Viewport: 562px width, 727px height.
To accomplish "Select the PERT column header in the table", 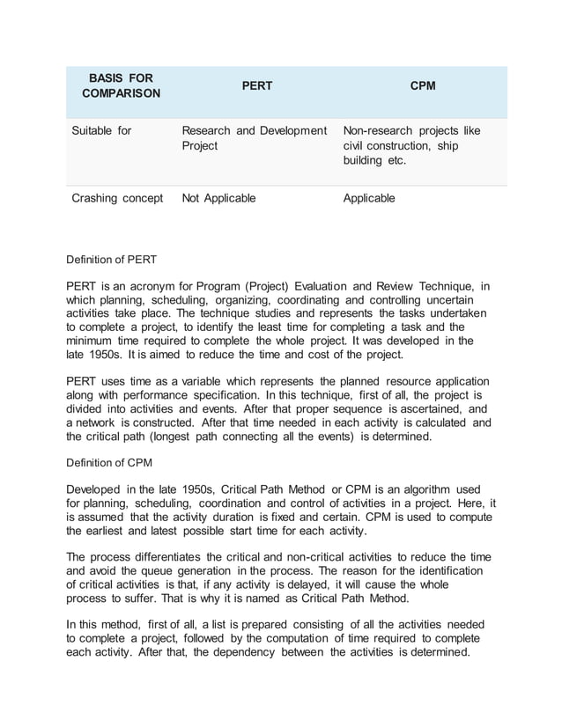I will pos(257,86).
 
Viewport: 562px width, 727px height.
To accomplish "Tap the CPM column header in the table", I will pos(423,86).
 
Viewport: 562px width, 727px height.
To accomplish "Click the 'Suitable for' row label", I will pos(101,131).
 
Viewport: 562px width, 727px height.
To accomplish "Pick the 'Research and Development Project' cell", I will pos(253,139).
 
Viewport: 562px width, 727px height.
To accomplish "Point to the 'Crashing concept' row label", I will pos(116,198).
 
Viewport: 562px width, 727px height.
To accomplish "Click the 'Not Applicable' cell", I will pos(218,198).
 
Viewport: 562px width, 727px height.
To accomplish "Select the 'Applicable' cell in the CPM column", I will pos(369,198).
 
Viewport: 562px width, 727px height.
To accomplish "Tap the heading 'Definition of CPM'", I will pos(111,461).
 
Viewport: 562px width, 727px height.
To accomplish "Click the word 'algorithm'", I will pos(428,488).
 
